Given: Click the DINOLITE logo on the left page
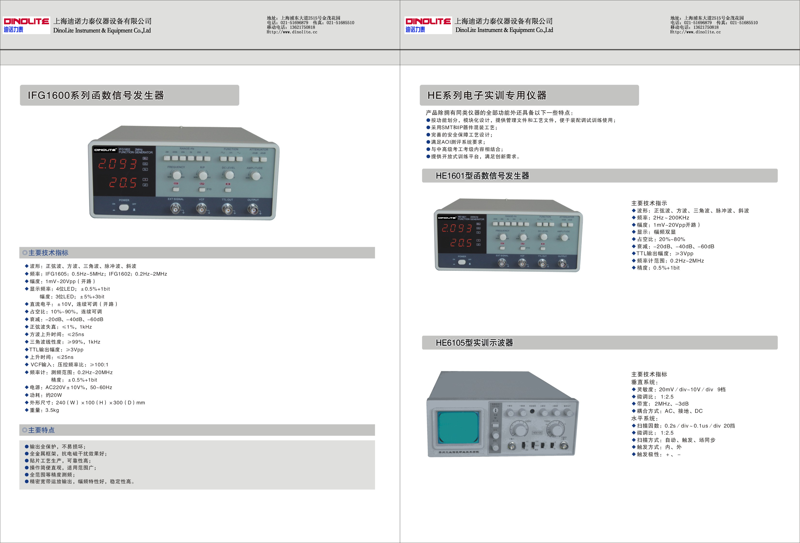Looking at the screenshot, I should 26,25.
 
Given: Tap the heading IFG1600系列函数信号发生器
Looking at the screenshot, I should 96,95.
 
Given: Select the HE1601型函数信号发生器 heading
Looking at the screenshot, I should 482,176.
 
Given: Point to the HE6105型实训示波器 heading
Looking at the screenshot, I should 474,343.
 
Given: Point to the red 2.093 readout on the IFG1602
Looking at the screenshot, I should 117,164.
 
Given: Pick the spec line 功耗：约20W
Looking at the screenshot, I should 46,395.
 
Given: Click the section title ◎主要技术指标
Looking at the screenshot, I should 45,253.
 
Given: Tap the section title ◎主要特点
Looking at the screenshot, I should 38,430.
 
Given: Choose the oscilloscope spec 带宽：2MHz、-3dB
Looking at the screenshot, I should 662,404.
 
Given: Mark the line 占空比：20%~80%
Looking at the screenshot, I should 661,239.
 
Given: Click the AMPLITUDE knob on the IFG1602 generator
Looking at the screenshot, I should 256,176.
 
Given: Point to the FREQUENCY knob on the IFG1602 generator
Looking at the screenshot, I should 177,174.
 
